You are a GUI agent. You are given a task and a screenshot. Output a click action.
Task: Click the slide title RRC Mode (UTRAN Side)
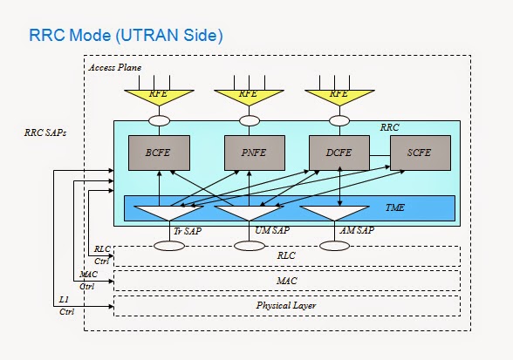pyautogui.click(x=127, y=36)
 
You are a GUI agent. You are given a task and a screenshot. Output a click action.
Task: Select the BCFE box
pyautogui.click(x=158, y=153)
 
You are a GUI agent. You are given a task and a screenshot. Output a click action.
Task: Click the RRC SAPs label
pyautogui.click(x=44, y=133)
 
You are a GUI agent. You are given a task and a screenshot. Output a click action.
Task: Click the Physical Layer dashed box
pyautogui.click(x=286, y=306)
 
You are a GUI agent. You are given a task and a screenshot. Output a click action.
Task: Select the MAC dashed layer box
pyautogui.click(x=286, y=281)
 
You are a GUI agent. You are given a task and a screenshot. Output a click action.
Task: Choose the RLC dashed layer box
pyautogui.click(x=286, y=255)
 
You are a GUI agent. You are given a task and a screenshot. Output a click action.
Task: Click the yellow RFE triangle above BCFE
pyautogui.click(x=158, y=92)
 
